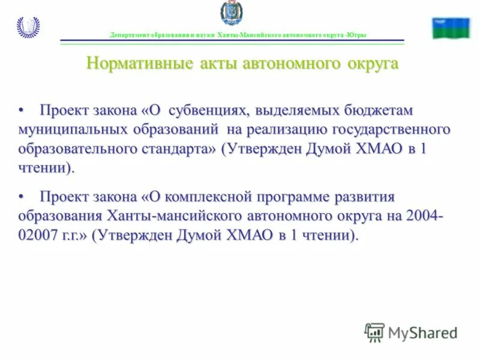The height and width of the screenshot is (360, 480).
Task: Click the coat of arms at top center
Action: click(x=231, y=14)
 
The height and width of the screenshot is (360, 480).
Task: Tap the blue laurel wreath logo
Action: click(x=28, y=28)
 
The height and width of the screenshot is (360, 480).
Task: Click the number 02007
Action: click(x=35, y=235)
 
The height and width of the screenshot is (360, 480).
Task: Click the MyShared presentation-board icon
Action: click(x=374, y=332)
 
